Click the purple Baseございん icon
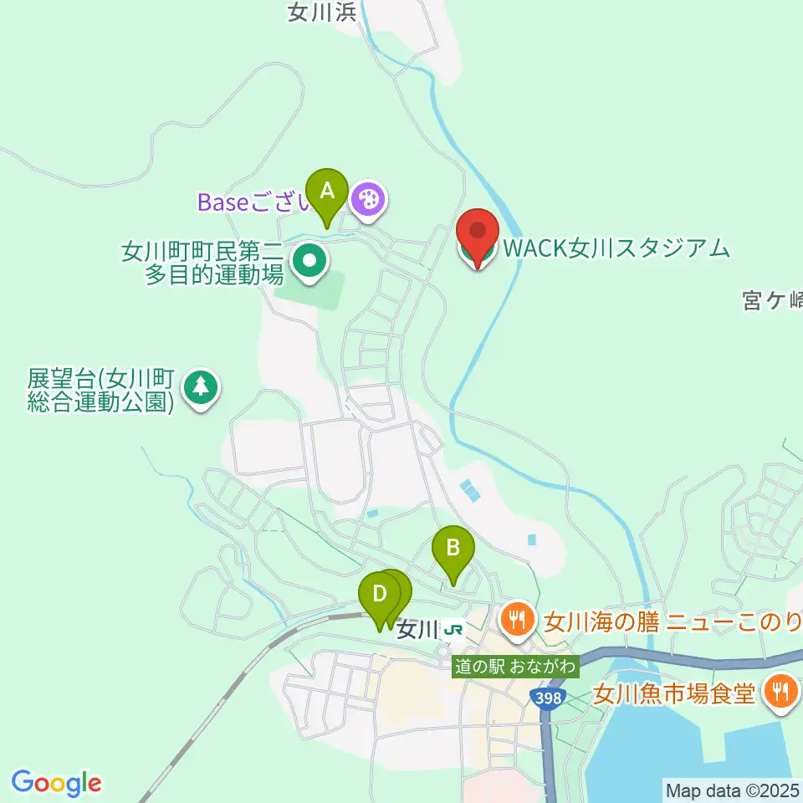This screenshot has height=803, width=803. (x=367, y=199)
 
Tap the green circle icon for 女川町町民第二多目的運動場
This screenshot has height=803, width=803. (x=309, y=260)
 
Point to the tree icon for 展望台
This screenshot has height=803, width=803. (x=200, y=386)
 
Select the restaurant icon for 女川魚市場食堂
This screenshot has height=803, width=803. (x=780, y=691)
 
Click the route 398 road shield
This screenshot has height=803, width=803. (x=545, y=695)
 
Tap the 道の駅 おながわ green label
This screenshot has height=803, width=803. (x=515, y=667)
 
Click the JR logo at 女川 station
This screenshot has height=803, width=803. (x=454, y=628)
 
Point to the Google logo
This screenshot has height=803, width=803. (x=57, y=783)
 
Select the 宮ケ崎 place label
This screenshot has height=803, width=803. (x=771, y=299)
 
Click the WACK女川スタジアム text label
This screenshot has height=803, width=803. (x=615, y=248)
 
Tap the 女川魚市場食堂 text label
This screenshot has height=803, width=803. (x=674, y=693)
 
